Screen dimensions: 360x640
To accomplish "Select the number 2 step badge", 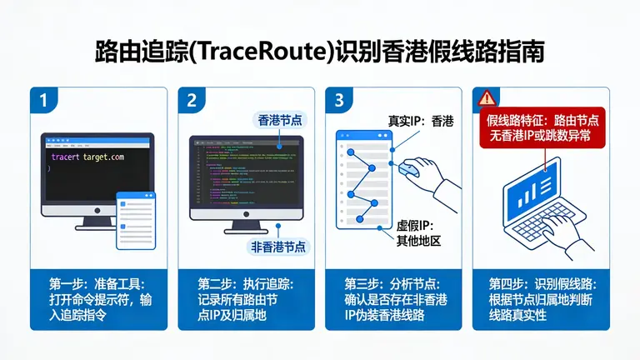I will click(x=191, y=102).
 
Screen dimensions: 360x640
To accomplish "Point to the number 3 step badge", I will click(x=338, y=102).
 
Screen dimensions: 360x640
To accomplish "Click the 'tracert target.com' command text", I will click(x=87, y=157).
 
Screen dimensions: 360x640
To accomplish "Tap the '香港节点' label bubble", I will click(x=277, y=122).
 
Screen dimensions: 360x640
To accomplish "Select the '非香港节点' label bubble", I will click(x=278, y=247).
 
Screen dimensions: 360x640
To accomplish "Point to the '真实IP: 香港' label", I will click(x=421, y=122).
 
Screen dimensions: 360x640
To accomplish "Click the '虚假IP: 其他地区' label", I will click(x=417, y=233).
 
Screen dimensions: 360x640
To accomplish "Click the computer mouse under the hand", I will click(x=408, y=169).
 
